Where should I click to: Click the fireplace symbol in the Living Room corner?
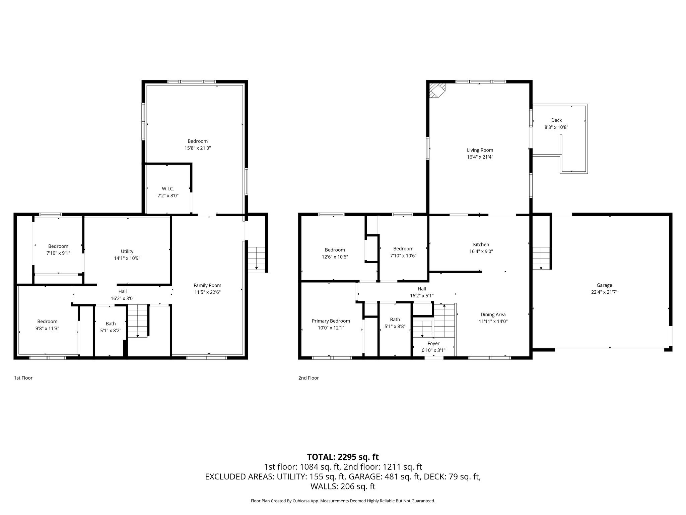436,90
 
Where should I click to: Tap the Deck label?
556,120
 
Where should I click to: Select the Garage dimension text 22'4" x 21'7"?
604,292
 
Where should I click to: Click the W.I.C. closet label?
168,189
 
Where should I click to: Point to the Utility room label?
127,251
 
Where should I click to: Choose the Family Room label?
207,285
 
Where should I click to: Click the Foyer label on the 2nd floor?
433,343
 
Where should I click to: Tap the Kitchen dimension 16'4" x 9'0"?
481,251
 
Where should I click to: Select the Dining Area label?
493,314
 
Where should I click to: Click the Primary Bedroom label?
331,321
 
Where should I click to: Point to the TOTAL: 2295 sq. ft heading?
343,457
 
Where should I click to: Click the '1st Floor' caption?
23,378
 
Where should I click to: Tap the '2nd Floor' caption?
308,378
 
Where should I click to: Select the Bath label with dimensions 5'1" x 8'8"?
395,320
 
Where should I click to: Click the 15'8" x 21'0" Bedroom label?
198,141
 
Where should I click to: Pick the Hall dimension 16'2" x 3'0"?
122,298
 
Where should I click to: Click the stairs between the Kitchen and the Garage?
541,257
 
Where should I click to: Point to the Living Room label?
480,150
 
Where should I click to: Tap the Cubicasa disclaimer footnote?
343,501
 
